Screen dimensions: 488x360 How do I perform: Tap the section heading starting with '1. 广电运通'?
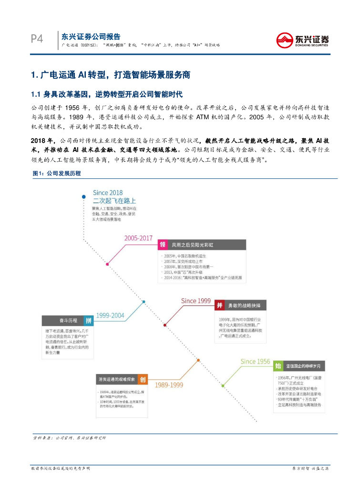click(110, 75)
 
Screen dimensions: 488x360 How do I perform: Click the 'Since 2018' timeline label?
click(108, 193)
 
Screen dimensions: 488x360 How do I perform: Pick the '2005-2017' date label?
click(138, 238)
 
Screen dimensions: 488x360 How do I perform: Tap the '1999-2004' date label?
click(110, 315)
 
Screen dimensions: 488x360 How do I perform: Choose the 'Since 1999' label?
click(196, 301)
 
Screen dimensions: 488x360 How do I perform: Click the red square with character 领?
click(163, 245)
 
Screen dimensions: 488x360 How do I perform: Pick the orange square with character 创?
click(142, 380)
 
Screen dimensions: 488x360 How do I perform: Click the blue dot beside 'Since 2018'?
click(83, 196)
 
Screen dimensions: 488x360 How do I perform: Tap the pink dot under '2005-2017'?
click(108, 264)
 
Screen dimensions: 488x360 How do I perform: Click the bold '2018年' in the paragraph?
click(41, 141)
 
